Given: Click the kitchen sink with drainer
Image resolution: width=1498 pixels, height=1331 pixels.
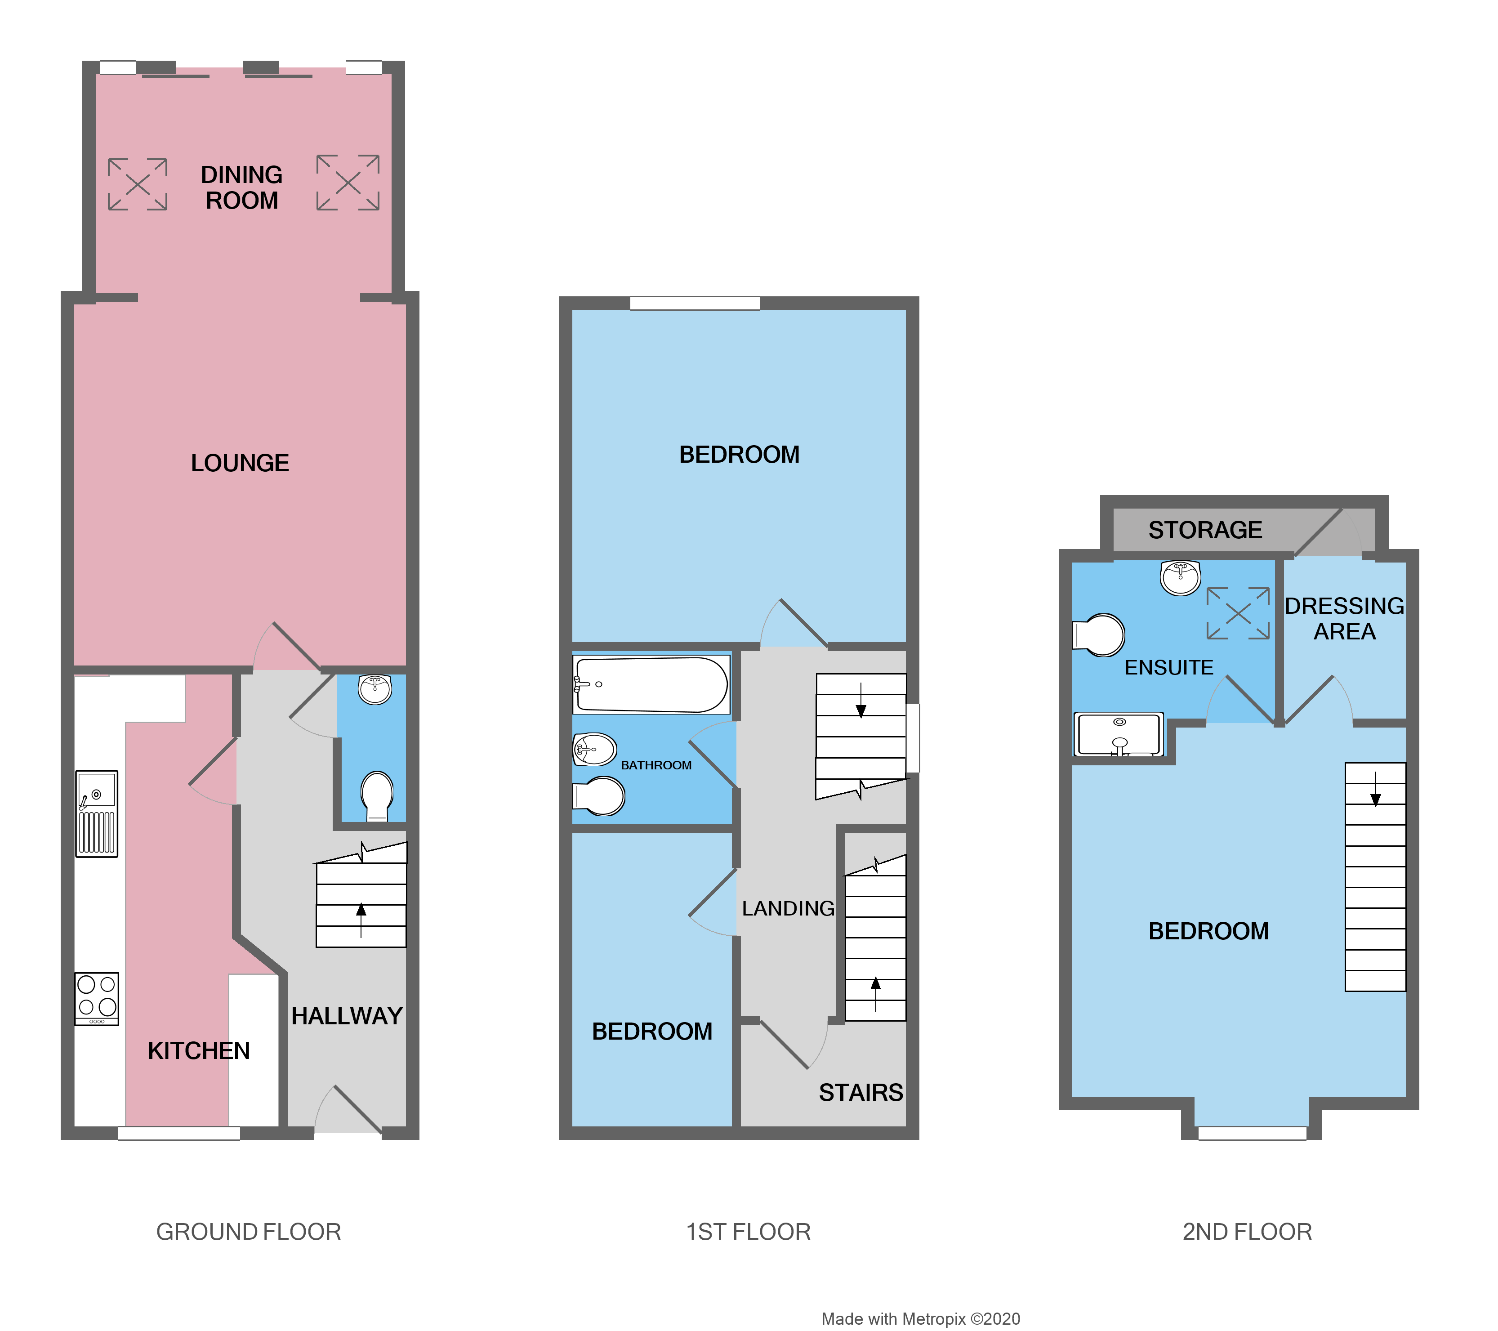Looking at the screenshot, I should pos(97,813).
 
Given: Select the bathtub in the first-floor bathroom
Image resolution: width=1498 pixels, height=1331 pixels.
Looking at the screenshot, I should pos(651,684).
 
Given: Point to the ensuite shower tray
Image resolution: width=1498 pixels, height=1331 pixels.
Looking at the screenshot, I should pos(1119,734).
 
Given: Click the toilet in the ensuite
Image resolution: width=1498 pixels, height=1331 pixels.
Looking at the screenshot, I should pos(1099,635).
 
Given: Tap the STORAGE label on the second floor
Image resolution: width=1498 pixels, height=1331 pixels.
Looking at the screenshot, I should pos(1205,530).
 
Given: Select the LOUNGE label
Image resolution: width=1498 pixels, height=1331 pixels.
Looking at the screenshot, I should pos(240,463).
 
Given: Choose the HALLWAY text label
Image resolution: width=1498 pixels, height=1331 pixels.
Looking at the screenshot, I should pos(347,1016).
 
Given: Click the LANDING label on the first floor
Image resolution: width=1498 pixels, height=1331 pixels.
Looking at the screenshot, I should pos(788,909).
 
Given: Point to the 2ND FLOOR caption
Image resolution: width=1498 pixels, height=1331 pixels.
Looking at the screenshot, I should pos(1247,1232).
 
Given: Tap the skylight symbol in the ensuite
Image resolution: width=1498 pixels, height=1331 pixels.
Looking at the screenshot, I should pos(1238,613).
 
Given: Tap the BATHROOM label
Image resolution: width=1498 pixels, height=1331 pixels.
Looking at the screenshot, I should pos(656,765).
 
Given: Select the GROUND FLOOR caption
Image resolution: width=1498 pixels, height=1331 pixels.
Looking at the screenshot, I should pos(249,1232).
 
